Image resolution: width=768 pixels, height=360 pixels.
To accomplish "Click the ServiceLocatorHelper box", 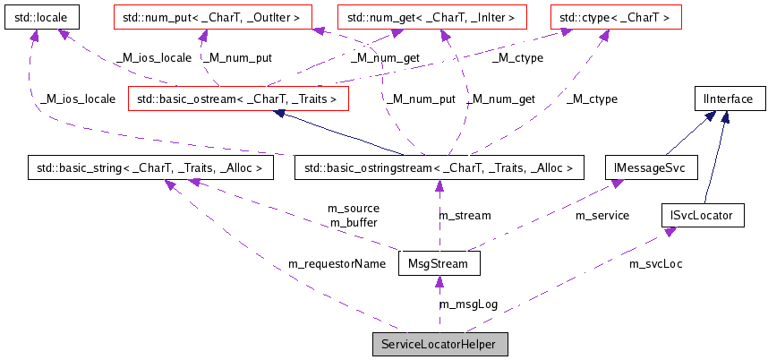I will [439, 345].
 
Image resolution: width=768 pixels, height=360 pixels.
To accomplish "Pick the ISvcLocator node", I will [702, 215].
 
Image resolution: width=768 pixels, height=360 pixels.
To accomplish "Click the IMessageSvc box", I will [644, 167].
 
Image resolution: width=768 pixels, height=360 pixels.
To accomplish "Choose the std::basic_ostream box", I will [237, 99].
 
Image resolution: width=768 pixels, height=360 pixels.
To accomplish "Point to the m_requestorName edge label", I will [337, 264].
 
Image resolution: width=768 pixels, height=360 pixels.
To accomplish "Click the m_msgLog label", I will [468, 304].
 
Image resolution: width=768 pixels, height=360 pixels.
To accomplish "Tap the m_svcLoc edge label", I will [655, 264].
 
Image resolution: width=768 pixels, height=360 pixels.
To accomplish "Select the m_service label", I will [602, 216].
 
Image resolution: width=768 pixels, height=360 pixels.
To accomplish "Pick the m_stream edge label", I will [464, 216].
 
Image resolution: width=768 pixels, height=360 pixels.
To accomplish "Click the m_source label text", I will [354, 209].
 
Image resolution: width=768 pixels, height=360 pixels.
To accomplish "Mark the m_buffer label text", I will [354, 222].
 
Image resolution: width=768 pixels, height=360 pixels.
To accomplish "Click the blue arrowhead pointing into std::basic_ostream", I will [279, 114].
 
